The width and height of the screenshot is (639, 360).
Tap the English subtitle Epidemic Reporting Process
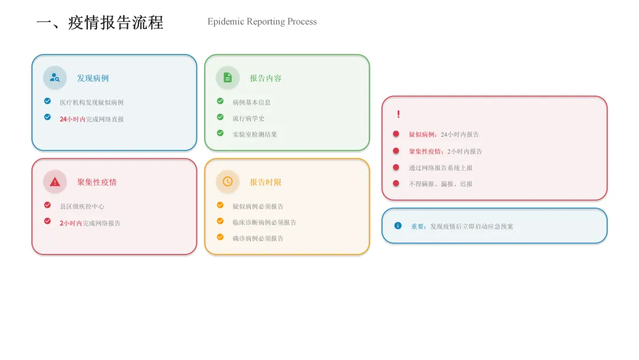coord(262,22)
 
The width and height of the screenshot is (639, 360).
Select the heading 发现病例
coord(93,78)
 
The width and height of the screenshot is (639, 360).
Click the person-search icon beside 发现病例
coord(55,78)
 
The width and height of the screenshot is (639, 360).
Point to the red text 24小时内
coord(72,119)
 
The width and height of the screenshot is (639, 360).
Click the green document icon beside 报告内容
coord(228,78)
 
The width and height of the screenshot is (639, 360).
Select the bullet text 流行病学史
coord(248,118)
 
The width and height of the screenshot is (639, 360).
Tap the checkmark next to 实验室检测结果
coord(220,133)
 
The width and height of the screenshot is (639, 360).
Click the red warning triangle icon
coord(55,182)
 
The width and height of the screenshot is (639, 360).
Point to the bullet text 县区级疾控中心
coord(82,207)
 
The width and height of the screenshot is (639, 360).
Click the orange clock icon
coord(228,182)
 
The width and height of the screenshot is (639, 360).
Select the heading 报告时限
coord(266,182)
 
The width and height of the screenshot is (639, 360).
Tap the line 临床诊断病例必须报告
coord(264,223)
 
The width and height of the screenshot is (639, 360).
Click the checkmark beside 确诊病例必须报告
coord(220,237)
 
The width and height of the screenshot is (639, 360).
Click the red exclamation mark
coord(398,114)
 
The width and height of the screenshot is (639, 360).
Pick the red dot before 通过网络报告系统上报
coord(396,167)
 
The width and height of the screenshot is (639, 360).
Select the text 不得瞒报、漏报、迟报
coord(441,184)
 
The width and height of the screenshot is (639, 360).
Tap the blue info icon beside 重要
coord(398,226)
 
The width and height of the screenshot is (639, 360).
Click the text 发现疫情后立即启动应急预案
coord(472,227)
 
